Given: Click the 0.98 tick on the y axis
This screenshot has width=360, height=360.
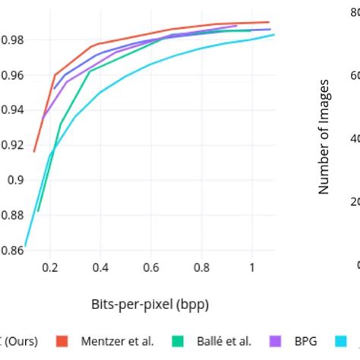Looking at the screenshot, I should (11, 39).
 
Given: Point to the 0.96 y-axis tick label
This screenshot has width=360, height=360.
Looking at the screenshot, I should (11, 75).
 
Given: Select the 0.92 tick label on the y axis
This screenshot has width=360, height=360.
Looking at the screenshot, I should (11, 145).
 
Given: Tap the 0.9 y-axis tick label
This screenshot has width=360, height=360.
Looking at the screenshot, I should (15, 180).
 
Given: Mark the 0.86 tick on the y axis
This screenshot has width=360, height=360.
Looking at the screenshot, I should (11, 250).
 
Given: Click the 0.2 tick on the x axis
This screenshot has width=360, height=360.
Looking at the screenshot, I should (50, 268).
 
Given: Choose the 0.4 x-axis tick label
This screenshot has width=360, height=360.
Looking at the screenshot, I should (100, 268).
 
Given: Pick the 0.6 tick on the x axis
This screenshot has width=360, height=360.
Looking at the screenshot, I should (151, 268).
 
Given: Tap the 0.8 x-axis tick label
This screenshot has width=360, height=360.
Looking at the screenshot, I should (201, 268).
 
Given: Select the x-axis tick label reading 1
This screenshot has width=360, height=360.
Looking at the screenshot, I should (251, 268).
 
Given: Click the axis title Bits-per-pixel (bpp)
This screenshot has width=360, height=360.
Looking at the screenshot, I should (150, 305).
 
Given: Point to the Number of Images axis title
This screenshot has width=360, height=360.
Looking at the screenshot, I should (324, 137).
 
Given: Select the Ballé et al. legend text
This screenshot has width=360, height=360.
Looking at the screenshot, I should (226, 341).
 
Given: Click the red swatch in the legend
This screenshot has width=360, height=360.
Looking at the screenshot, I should (65, 341).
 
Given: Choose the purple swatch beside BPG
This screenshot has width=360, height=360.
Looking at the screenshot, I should (277, 341).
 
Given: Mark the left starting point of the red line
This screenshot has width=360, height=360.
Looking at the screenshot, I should (34, 151).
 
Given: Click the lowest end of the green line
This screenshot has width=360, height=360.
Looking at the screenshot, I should (38, 210).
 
